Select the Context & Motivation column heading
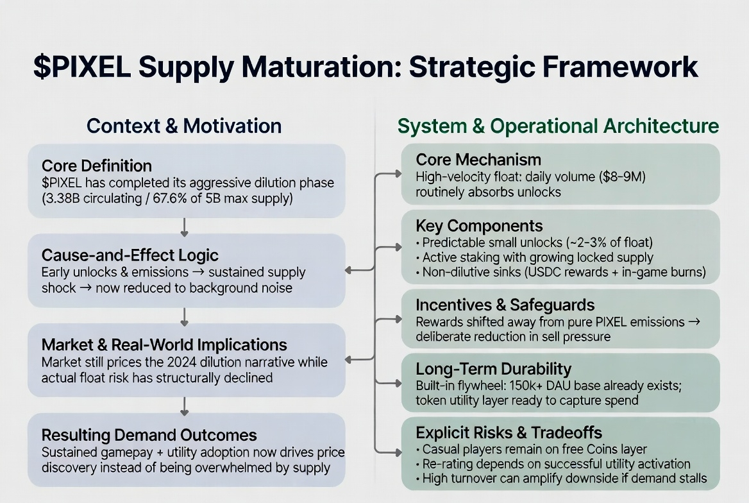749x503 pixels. tap(184, 126)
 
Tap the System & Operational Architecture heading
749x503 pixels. tap(558, 126)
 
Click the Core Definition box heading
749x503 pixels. tap(97, 166)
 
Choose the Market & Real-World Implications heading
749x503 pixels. tap(164, 345)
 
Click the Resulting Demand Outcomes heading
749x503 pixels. tap(149, 435)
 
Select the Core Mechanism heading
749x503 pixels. tap(478, 160)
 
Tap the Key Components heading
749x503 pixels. tap(479, 226)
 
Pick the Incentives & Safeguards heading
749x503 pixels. tap(505, 305)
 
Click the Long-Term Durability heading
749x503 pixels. tap(493, 369)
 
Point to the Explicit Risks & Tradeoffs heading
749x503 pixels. tap(509, 432)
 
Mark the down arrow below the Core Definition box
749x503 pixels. tap(185, 226)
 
